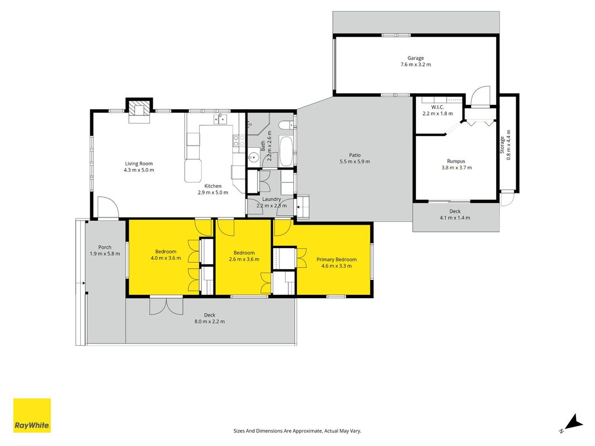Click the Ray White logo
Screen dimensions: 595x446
pyautogui.click(x=32, y=415)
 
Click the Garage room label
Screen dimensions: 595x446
pyautogui.click(x=415, y=58)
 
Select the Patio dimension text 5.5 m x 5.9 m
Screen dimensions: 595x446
pyautogui.click(x=355, y=162)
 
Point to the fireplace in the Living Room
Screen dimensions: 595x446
pyautogui.click(x=139, y=110)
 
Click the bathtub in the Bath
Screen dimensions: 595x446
pyautogui.click(x=286, y=151)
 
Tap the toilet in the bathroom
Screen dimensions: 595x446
pyautogui.click(x=286, y=125)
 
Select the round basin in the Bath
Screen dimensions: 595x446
pyautogui.click(x=254, y=157)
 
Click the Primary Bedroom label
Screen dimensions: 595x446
pyautogui.click(x=337, y=259)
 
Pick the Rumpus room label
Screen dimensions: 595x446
pyautogui.click(x=456, y=161)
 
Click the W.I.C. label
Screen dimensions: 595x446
pyautogui.click(x=438, y=108)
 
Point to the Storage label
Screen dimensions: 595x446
pyautogui.click(x=502, y=145)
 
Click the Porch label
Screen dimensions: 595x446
pyautogui.click(x=105, y=248)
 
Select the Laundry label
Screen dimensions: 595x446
pyautogui.click(x=272, y=199)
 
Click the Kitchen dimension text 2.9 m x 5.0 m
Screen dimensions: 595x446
pyautogui.click(x=213, y=192)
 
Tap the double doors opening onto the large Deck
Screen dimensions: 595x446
pyautogui.click(x=166, y=306)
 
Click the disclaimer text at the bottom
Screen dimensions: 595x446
pyautogui.click(x=297, y=431)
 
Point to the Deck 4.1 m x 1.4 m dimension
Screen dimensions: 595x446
pyautogui.click(x=455, y=217)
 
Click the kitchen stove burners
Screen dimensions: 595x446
pyautogui.click(x=239, y=141)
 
